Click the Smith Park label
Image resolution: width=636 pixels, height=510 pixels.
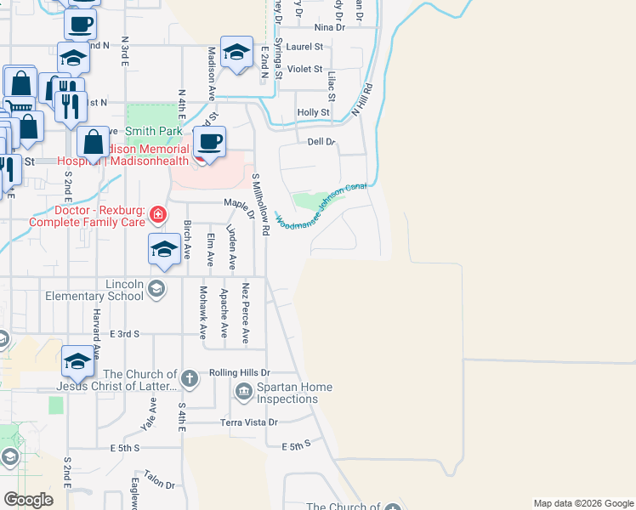(154, 132)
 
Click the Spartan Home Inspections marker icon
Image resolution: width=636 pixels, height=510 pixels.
(243, 391)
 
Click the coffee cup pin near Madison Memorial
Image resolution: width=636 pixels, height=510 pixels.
(208, 142)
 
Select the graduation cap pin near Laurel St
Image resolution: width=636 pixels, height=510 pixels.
(236, 53)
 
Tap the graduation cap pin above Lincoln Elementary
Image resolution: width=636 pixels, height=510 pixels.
(164, 250)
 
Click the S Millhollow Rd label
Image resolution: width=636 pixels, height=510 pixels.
(260, 204)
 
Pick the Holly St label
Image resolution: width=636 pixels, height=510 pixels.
(313, 112)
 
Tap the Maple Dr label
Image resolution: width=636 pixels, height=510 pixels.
(239, 205)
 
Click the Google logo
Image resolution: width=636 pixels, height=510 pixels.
(28, 500)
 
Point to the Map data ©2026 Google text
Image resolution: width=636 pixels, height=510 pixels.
(582, 503)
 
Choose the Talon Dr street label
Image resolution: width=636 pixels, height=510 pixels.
(159, 479)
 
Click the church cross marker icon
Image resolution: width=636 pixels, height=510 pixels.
(190, 377)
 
